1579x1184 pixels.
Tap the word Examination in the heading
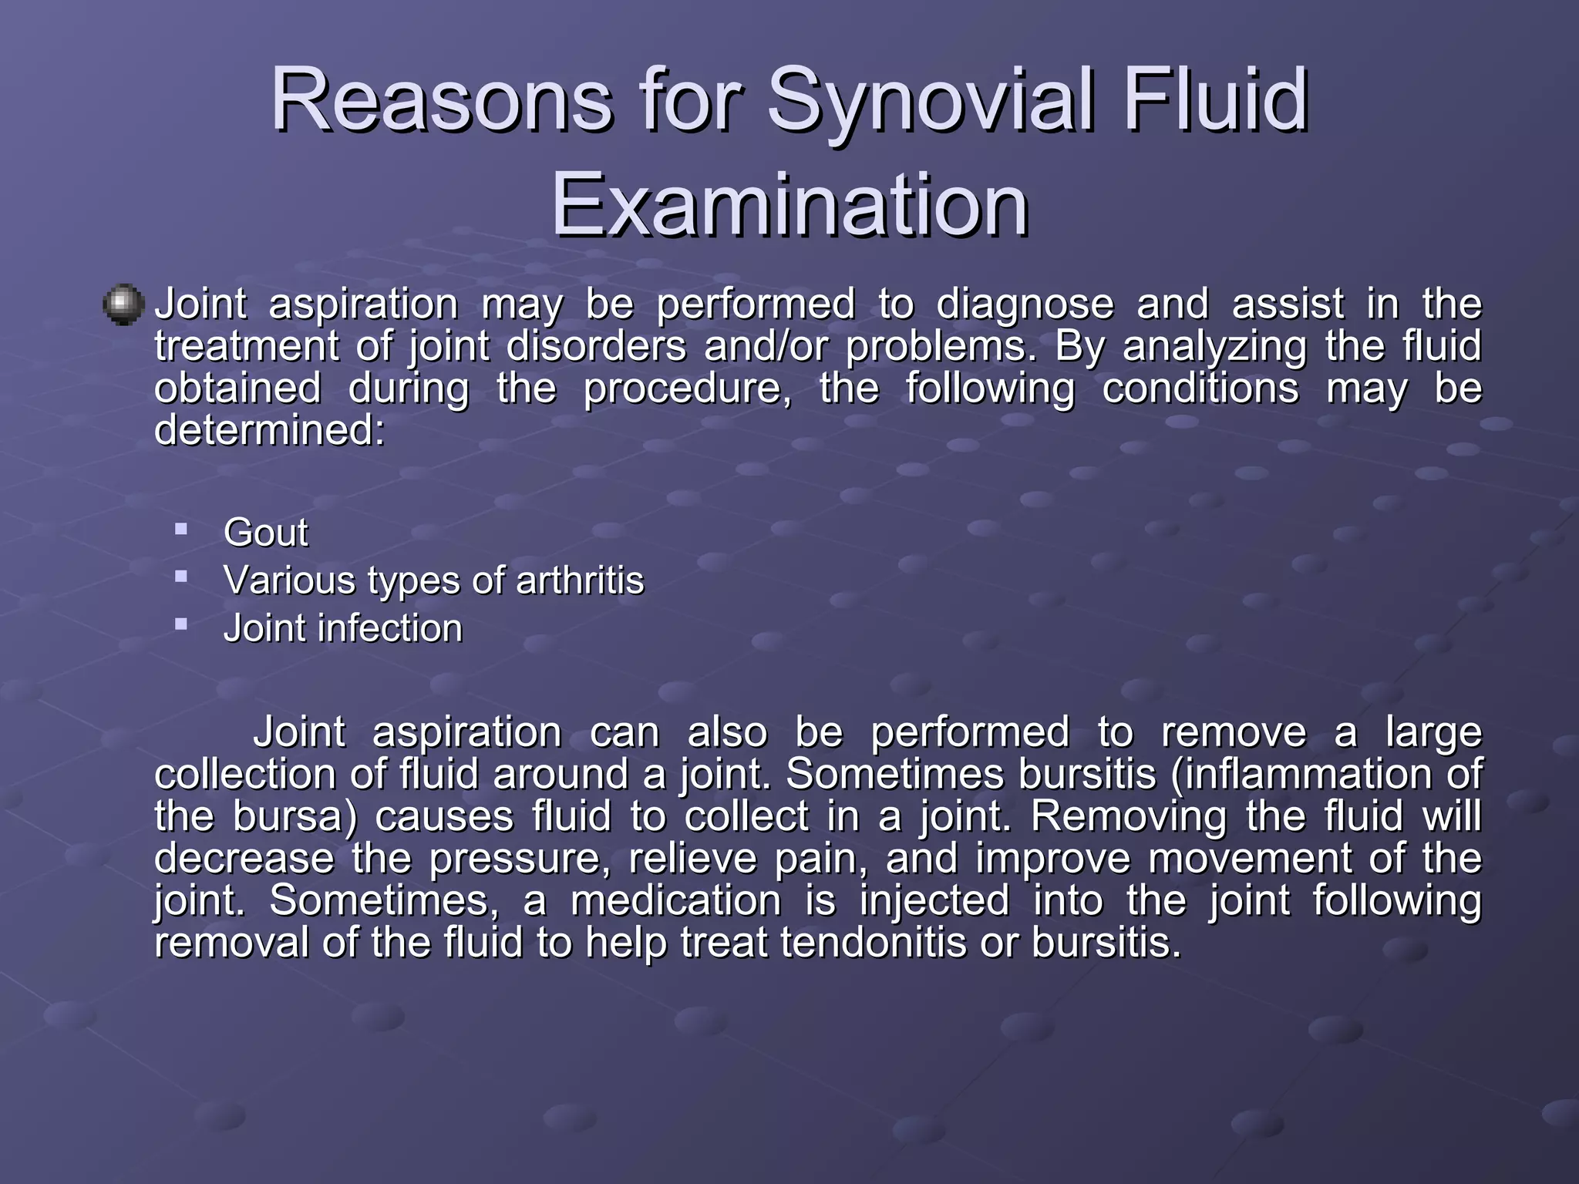tap(789, 205)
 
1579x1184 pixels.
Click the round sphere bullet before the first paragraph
tap(123, 304)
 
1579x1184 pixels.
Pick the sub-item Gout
tap(266, 533)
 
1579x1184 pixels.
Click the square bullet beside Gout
tap(181, 530)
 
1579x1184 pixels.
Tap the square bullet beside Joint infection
tap(181, 624)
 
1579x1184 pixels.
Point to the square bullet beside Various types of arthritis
tap(181, 576)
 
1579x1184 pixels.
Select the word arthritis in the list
tap(580, 580)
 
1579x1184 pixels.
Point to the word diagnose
tap(1025, 304)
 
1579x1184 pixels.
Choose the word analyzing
tap(1214, 346)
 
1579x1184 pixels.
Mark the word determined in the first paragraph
tap(269, 430)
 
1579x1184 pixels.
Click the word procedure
tap(687, 388)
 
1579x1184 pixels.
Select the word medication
tap(675, 900)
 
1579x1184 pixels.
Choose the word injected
tap(934, 900)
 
